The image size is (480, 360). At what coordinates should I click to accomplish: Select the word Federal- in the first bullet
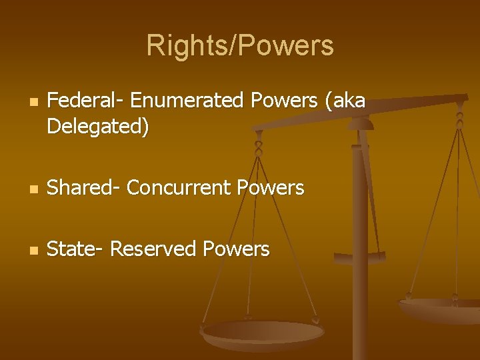tap(85, 101)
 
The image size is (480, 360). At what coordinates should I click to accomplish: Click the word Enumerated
tap(188, 101)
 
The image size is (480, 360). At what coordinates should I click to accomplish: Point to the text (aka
tap(344, 101)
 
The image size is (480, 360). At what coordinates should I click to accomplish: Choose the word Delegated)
tap(98, 127)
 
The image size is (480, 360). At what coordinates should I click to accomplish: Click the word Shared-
tap(84, 188)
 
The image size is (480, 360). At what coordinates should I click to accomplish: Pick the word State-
tap(75, 249)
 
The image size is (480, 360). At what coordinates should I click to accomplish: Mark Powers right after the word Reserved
tap(236, 249)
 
